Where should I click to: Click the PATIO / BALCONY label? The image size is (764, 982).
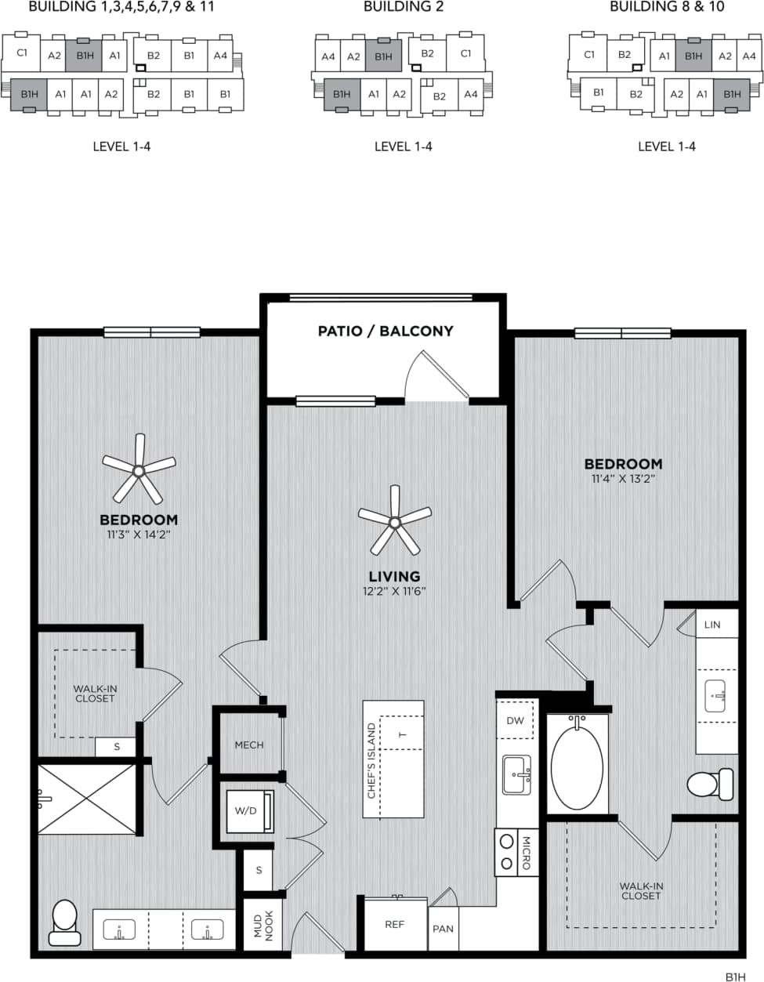tap(385, 331)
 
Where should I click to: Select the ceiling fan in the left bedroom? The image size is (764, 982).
tap(139, 470)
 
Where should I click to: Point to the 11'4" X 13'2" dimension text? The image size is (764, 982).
tap(622, 479)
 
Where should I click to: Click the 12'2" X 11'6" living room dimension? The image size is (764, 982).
tap(394, 591)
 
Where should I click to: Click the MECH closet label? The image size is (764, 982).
tap(249, 745)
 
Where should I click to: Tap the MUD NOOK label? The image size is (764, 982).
tap(263, 925)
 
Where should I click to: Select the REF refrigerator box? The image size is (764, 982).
tap(395, 925)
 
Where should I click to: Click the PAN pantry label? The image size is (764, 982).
tap(443, 929)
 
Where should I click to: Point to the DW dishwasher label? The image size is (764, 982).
tap(515, 721)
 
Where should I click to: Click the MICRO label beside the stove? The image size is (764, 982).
tap(526, 853)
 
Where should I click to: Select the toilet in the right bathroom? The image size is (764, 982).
tap(710, 784)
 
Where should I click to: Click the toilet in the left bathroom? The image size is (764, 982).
tap(64, 922)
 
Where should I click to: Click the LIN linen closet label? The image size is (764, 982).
tap(711, 625)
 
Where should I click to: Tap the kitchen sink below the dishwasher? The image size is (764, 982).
tap(516, 774)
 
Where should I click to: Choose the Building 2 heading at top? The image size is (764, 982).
tap(403, 7)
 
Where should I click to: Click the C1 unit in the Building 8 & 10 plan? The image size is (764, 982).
tap(589, 55)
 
